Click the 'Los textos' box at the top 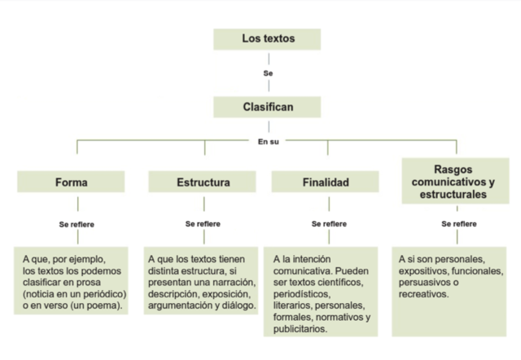(268, 39)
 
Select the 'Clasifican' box (268, 107)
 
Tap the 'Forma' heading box (72, 182)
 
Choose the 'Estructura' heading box (204, 182)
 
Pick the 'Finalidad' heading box (326, 182)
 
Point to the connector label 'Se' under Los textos (268, 73)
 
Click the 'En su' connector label (268, 141)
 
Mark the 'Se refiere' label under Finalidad (326, 222)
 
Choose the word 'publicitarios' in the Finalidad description (301, 328)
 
